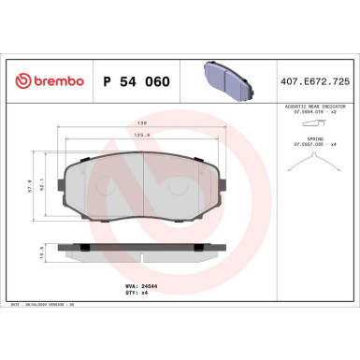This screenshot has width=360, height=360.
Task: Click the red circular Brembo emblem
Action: tap(18, 81)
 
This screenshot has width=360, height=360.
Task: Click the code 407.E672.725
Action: tap(315, 81)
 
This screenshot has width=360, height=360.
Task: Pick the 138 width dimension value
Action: tap(142, 122)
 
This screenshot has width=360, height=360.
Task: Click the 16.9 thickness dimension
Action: tap(35, 253)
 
